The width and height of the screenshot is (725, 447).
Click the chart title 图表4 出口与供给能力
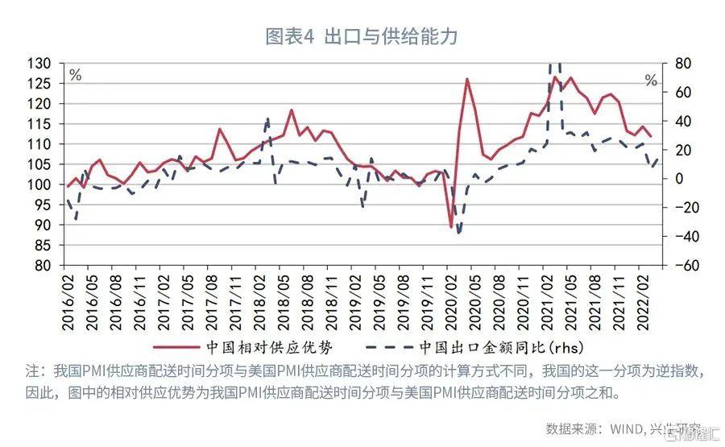(362, 37)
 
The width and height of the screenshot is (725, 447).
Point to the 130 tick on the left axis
(40, 64)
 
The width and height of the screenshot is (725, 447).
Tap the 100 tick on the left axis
(40, 184)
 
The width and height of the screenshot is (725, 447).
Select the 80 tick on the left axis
(43, 266)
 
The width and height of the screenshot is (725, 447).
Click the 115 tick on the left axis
(40, 124)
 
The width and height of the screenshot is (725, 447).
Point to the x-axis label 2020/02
(452, 300)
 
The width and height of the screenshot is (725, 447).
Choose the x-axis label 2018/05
(284, 300)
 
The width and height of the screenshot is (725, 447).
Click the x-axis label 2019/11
(428, 300)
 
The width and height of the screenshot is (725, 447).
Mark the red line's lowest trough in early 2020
(451, 227)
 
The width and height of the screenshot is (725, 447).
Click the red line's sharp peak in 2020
(467, 79)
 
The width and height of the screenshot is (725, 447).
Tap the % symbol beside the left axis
(75, 76)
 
